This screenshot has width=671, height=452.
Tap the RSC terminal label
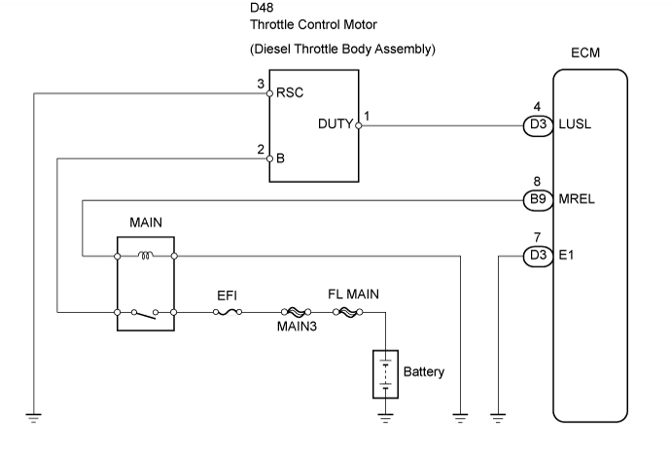click(289, 94)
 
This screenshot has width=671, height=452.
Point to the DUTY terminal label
click(335, 124)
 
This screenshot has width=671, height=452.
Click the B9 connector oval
click(538, 199)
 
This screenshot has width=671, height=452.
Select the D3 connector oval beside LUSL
click(538, 124)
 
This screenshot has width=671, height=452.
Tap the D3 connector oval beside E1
click(538, 257)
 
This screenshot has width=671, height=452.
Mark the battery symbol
click(385, 372)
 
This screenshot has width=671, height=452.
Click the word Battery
click(424, 371)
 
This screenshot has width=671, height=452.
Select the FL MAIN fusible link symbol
click(346, 313)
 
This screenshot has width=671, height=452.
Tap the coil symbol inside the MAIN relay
click(145, 257)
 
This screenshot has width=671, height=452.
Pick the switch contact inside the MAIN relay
click(145, 312)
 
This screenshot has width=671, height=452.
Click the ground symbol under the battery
click(385, 419)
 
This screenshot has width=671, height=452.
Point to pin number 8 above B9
click(538, 180)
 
